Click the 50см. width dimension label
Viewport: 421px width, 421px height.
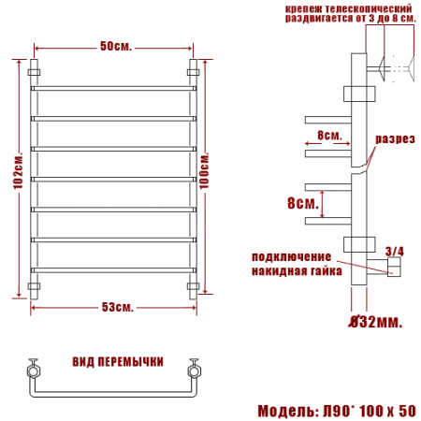tap(115, 46)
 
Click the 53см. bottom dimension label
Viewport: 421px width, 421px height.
tap(115, 308)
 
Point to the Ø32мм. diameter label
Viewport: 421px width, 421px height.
tap(373, 323)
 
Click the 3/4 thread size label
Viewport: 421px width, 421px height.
tap(394, 251)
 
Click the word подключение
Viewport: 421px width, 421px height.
tap(291, 256)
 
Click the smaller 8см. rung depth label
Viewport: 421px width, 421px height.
tap(329, 135)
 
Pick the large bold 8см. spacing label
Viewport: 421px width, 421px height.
tap(302, 201)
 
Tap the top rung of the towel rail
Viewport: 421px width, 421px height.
tap(115, 89)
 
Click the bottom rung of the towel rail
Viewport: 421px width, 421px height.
tap(115, 269)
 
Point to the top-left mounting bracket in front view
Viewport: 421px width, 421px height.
tap(36, 70)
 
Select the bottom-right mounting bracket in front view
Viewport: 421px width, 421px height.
tap(195, 286)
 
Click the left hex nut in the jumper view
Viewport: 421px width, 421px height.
tap(35, 370)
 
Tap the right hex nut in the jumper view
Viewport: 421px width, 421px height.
tap(196, 370)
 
